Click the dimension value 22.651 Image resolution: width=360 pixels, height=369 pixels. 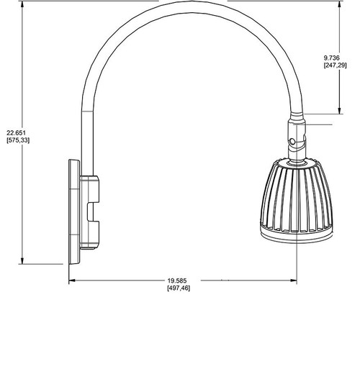pyautogui.click(x=17, y=132)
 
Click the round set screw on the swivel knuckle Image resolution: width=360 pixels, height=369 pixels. pyautogui.click(x=291, y=141)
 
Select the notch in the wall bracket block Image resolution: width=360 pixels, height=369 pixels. pyautogui.click(x=92, y=212)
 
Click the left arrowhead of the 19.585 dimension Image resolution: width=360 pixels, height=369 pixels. pyautogui.click(x=72, y=281)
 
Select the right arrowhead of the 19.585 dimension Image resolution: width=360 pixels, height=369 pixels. pyautogui.click(x=295, y=281)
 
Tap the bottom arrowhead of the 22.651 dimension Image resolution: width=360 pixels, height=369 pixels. pyautogui.click(x=24, y=261)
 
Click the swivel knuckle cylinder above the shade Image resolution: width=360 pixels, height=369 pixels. pyautogui.click(x=296, y=137)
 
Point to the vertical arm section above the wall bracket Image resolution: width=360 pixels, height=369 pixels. pyautogui.click(x=86, y=137)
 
